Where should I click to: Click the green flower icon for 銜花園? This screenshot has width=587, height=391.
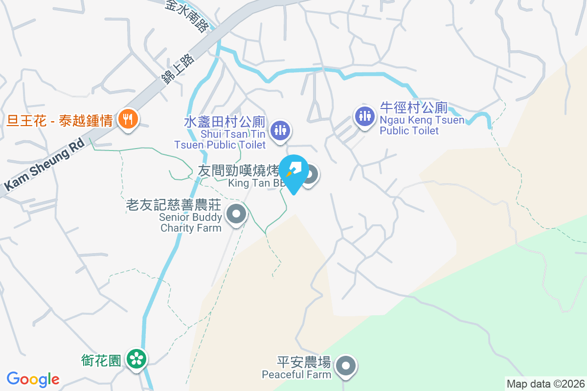[x=136, y=359]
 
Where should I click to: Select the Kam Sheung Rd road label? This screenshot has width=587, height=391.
[x=44, y=164]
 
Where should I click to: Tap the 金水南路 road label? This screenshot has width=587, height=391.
[x=186, y=16]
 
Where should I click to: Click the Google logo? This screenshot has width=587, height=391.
[x=33, y=379]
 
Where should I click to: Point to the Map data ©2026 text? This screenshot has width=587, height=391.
[x=545, y=384]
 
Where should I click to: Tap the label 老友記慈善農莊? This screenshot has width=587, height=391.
[x=174, y=205]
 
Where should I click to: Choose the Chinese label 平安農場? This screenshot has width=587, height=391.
[x=304, y=363]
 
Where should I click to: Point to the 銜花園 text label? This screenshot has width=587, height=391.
[x=101, y=361]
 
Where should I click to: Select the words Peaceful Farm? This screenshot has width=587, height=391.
[x=296, y=375]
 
